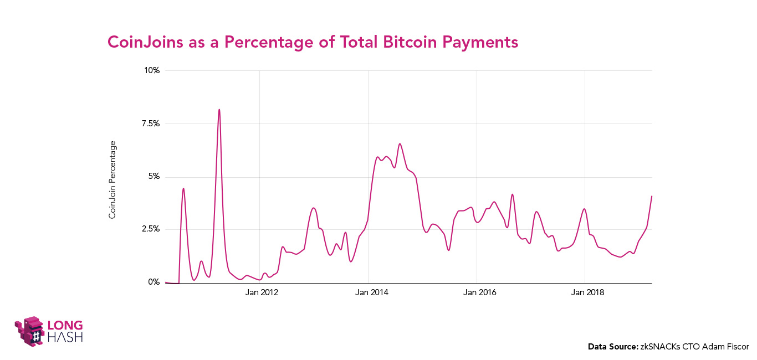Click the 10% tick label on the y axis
click(x=152, y=70)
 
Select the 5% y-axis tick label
click(x=154, y=177)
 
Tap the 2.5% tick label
click(x=150, y=229)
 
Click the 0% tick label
click(x=154, y=282)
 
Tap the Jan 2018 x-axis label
click(x=586, y=293)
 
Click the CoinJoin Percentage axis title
click(x=112, y=179)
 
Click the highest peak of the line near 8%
click(x=219, y=110)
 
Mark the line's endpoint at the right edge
click(x=652, y=196)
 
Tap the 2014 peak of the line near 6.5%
click(x=400, y=144)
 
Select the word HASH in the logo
click(x=65, y=336)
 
